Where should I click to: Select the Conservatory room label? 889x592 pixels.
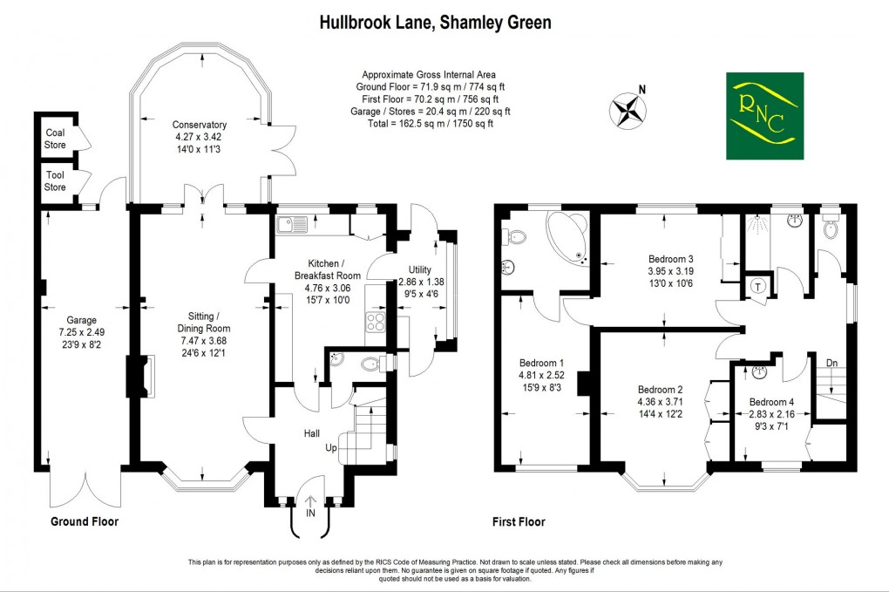(199, 125)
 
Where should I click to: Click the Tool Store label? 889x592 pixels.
(55, 180)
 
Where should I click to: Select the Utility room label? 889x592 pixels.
(414, 270)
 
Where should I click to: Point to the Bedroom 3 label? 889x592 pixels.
(671, 259)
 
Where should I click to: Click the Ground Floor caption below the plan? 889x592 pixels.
(83, 521)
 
